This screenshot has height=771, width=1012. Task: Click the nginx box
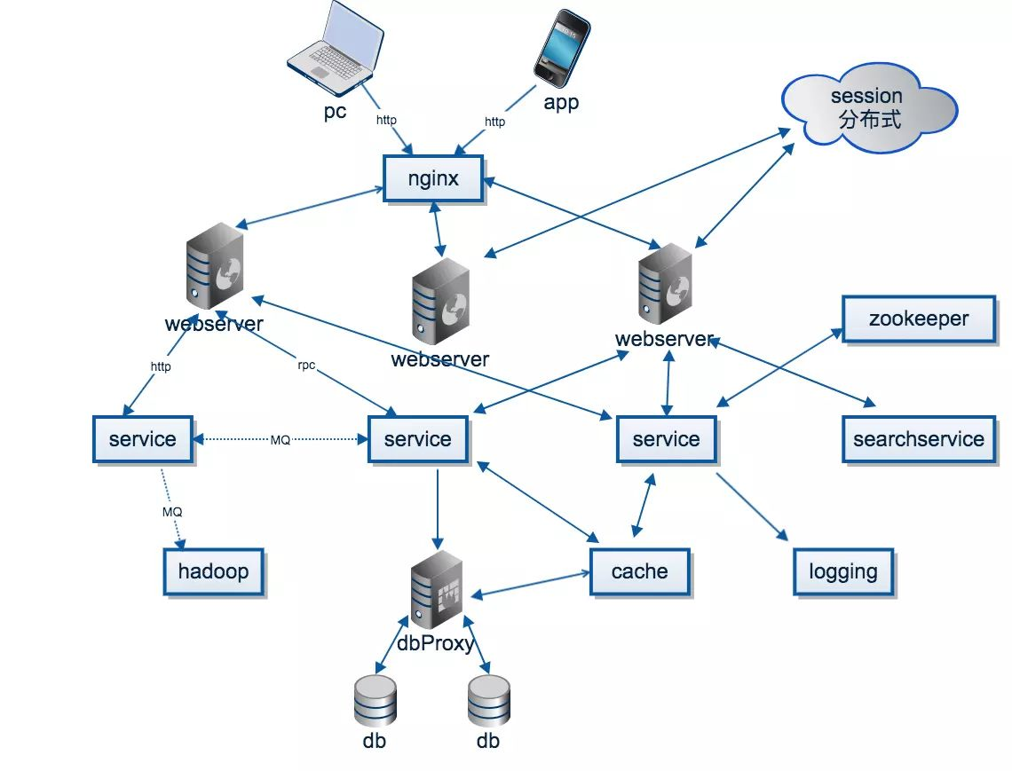tap(433, 178)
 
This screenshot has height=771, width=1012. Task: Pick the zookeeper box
tap(919, 319)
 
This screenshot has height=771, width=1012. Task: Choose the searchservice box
tap(919, 439)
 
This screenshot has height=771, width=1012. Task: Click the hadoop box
tap(213, 570)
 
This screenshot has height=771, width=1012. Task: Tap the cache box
tap(639, 570)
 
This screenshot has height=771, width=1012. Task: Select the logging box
tap(843, 571)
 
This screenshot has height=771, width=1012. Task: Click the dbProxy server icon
tap(437, 588)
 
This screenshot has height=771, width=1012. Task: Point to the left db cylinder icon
tap(375, 700)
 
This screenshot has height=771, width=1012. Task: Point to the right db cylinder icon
tap(489, 700)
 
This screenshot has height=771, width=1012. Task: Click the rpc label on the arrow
tap(306, 366)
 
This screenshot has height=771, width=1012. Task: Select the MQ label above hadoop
tap(172, 513)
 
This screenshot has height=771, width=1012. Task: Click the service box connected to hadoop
tap(142, 439)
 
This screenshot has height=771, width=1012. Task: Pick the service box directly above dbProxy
tap(417, 439)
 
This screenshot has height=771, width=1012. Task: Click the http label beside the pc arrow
tap(386, 120)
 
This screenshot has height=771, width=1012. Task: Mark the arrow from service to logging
tap(752, 507)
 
